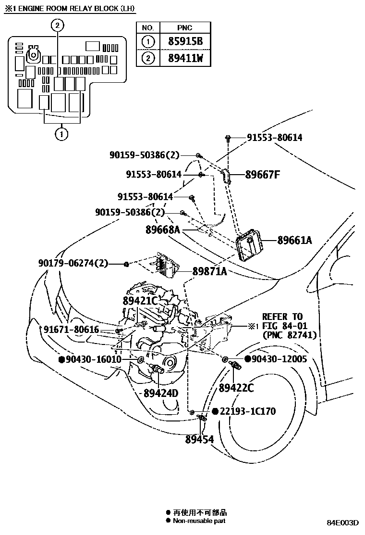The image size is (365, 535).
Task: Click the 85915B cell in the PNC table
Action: pos(185,42)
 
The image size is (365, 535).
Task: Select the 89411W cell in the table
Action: pos(185,58)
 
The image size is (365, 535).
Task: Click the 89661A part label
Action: pos(294,240)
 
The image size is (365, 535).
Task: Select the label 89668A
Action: pos(163,230)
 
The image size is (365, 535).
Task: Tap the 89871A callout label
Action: pos(209,271)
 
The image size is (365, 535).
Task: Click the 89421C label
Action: pos(140,301)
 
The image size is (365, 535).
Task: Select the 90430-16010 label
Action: pos(94,359)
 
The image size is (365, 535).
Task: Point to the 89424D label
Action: pos(161,393)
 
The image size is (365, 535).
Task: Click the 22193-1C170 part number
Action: pos(248,411)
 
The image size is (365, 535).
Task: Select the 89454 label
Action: pos(199,439)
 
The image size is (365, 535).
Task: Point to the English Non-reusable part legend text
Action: pos(199,521)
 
